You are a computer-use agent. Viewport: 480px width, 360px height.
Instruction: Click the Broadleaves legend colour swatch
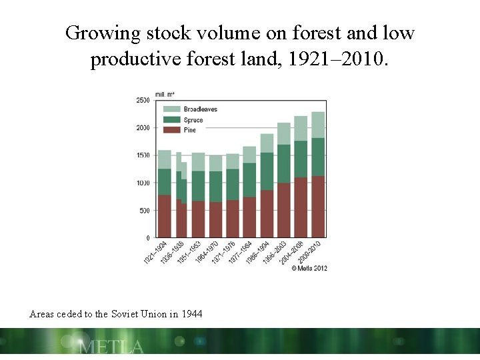[x=171, y=109]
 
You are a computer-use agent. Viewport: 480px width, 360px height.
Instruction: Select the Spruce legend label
[x=193, y=120]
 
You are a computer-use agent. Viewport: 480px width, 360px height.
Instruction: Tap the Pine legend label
[x=190, y=130]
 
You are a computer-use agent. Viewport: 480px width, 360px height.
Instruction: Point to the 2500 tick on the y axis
[x=143, y=100]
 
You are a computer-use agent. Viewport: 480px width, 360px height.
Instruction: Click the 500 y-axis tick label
[x=145, y=211]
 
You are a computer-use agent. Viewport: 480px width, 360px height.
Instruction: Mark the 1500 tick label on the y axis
[x=143, y=155]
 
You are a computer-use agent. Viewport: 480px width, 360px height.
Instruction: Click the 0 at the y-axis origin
[x=149, y=238]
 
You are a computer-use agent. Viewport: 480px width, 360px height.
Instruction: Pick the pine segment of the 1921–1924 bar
[x=165, y=216]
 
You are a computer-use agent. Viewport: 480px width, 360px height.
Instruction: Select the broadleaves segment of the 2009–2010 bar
[x=318, y=125]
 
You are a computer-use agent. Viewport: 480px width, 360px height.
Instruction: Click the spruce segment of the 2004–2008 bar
[x=301, y=159]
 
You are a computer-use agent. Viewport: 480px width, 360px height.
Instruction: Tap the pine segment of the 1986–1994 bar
[x=267, y=213]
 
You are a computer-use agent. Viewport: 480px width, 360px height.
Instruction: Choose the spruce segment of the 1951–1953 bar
[x=198, y=185]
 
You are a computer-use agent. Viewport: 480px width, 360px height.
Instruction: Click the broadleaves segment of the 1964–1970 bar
[x=215, y=163]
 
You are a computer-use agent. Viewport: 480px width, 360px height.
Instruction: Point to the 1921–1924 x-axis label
[x=155, y=252]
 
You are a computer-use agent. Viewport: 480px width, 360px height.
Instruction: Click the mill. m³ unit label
[x=165, y=94]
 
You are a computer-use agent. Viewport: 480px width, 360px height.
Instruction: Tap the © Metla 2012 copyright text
[x=309, y=268]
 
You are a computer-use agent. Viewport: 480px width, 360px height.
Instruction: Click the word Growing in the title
[x=99, y=33]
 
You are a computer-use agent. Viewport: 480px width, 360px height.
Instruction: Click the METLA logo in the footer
[x=111, y=347]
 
